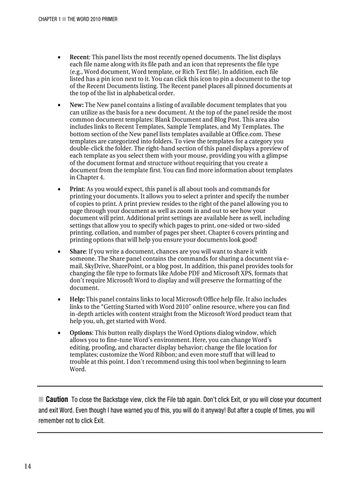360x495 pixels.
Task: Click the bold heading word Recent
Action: click(x=79, y=57)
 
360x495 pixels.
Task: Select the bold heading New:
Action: click(x=77, y=105)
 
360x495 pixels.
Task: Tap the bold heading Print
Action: click(x=78, y=189)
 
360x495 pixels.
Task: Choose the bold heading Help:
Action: click(x=77, y=299)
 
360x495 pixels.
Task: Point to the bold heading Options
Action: click(x=81, y=333)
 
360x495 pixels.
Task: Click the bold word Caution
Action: click(x=57, y=400)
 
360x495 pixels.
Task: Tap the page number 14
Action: click(x=27, y=467)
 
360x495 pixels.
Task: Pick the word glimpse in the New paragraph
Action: click(x=277, y=156)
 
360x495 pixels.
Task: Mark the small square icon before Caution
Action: click(x=41, y=400)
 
